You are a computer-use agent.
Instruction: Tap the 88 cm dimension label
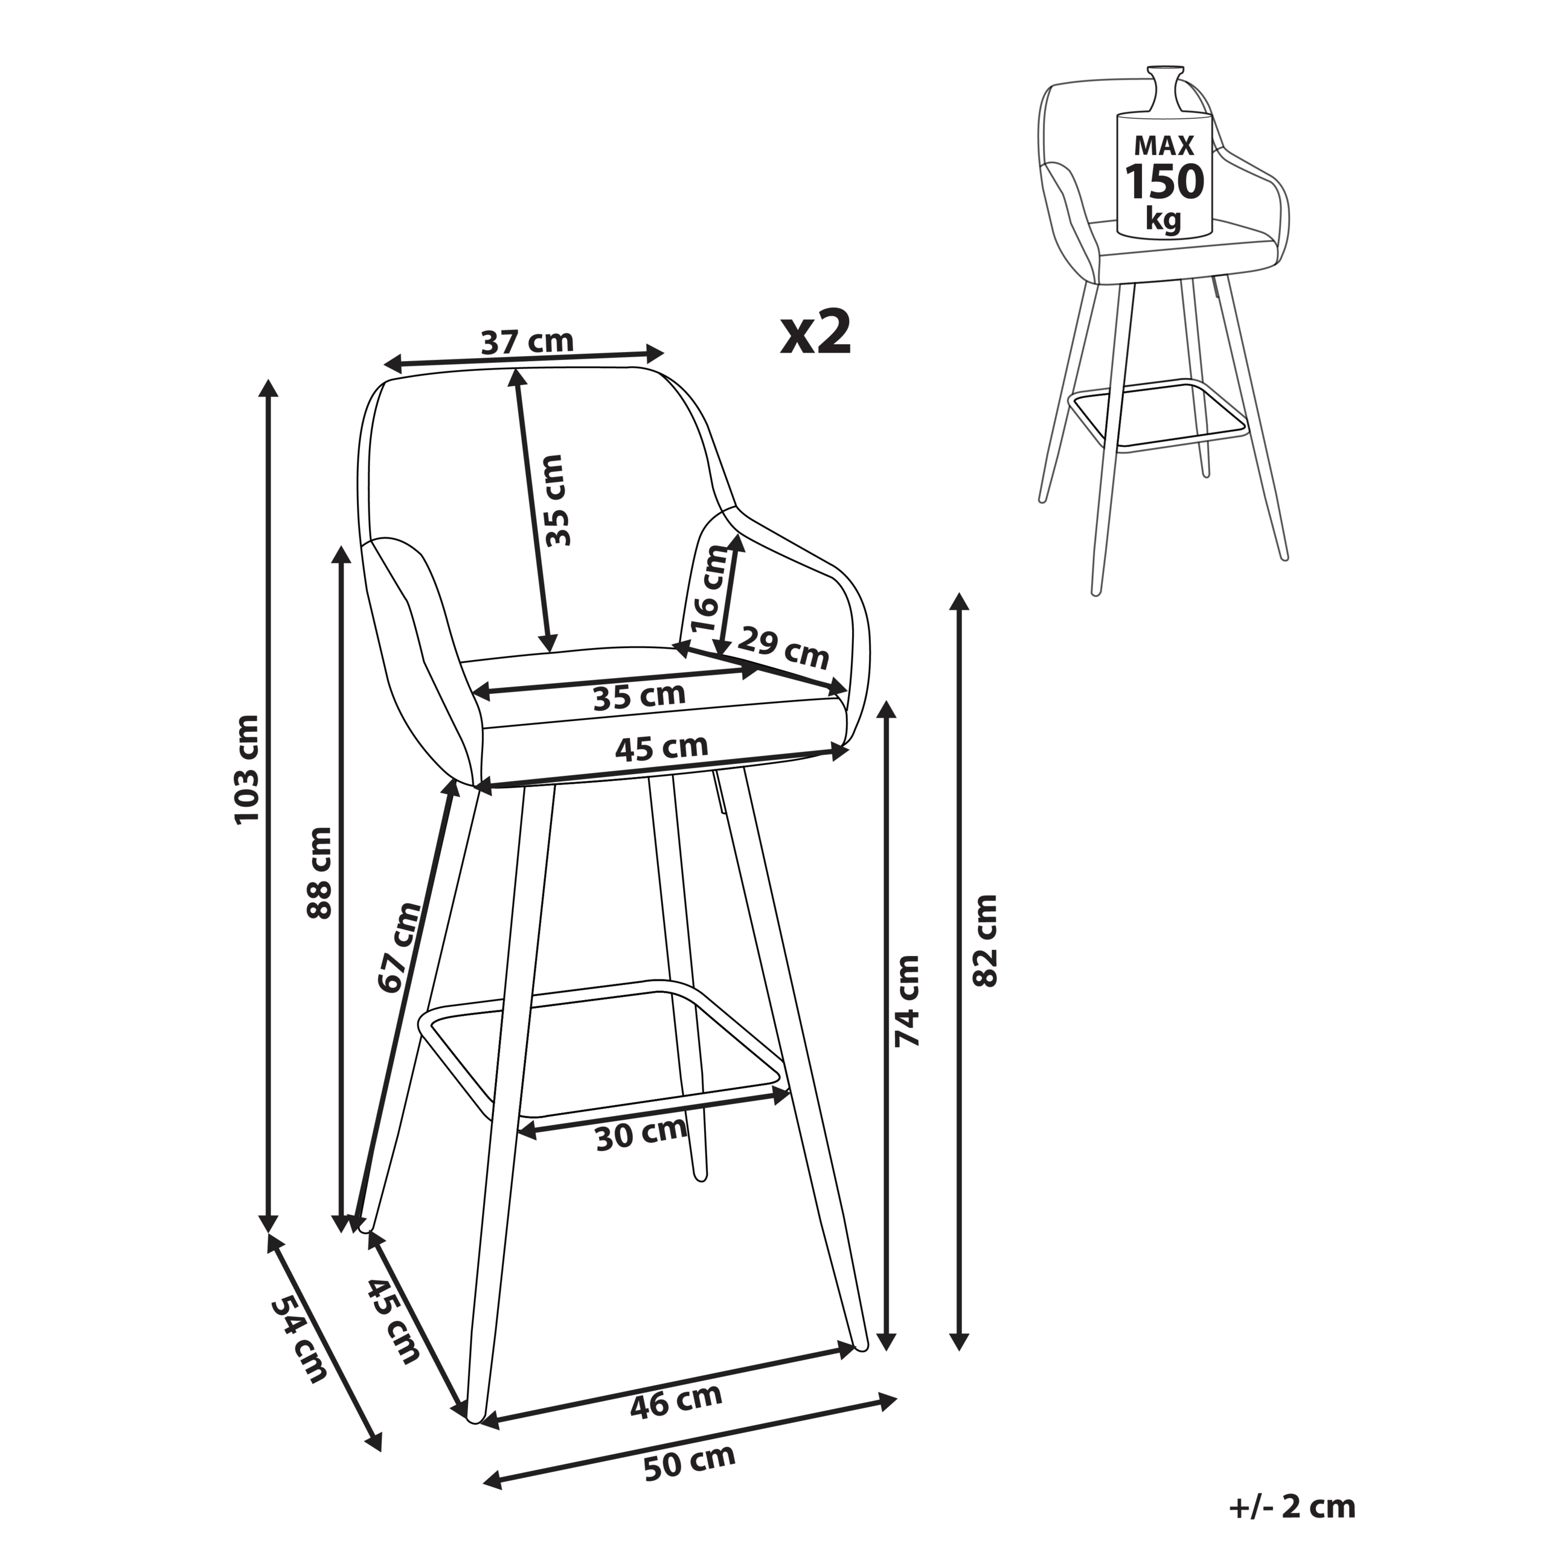[319, 872]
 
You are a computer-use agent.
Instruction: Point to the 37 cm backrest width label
[527, 342]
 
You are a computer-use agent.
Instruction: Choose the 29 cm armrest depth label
[783, 648]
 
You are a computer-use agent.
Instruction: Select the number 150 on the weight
[1164, 182]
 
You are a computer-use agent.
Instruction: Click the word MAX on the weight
[1164, 146]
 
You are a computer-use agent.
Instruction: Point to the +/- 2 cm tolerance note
[1292, 1507]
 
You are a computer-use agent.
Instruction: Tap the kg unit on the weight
[1164, 217]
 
